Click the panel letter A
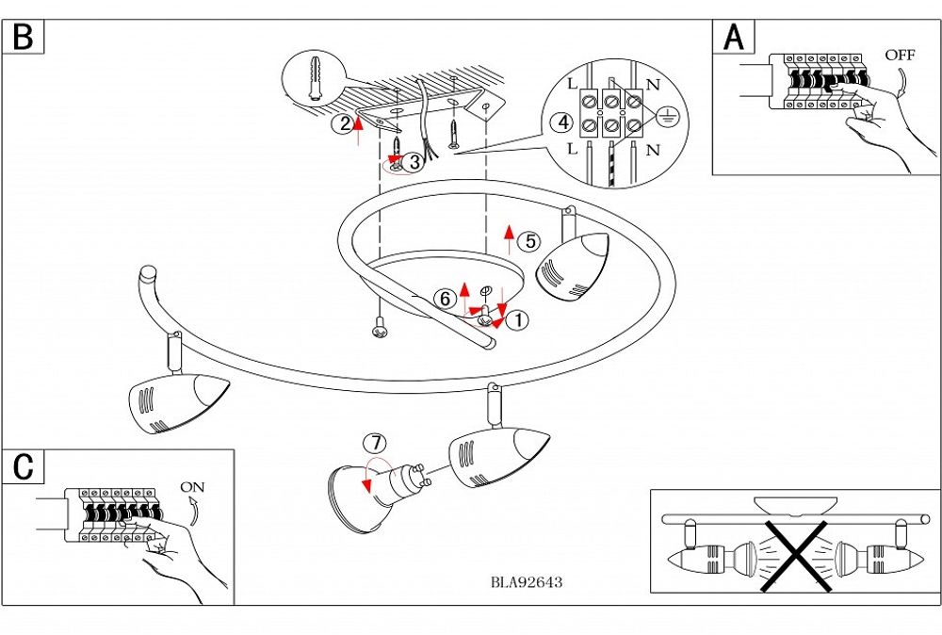[x=733, y=37]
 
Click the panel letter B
[x=23, y=37]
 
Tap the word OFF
[x=900, y=55]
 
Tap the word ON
[x=192, y=487]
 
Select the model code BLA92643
[x=527, y=582]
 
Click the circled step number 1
[x=516, y=320]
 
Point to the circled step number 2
[x=345, y=122]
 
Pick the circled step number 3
[x=415, y=162]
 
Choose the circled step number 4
[x=562, y=122]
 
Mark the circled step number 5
[x=530, y=241]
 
